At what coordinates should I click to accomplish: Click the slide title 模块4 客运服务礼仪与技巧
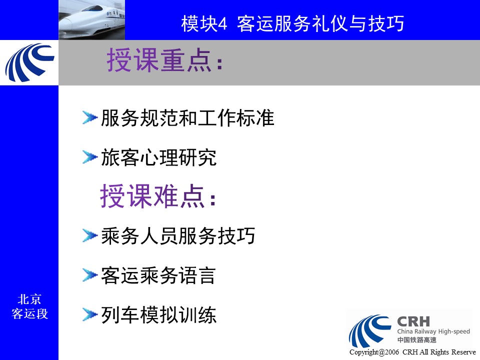pos(292,23)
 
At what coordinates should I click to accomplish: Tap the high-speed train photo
pos(92,20)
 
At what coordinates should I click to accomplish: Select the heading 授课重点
pos(164,60)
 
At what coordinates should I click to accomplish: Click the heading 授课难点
pos(158,196)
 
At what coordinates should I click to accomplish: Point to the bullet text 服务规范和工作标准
pos(187,118)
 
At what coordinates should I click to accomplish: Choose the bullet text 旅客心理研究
pos(158,157)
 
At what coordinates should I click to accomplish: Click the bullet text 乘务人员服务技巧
pos(178,235)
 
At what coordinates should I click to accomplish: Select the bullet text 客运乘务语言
pos(158,275)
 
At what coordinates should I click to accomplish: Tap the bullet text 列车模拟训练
pos(158,314)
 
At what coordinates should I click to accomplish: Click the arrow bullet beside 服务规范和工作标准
pos(89,118)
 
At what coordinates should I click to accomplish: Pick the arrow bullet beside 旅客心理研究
pos(89,157)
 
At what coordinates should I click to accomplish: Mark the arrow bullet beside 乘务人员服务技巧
pos(89,235)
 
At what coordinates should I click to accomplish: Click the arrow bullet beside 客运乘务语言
pos(89,275)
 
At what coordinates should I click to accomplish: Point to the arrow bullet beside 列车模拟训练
pos(89,314)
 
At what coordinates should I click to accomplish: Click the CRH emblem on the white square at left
pos(29,62)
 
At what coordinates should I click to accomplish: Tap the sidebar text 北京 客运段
pos(29,306)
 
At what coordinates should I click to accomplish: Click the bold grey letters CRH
pos(413,321)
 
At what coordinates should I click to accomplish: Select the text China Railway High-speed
pos(433,331)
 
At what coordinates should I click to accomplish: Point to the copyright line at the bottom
pos(412,352)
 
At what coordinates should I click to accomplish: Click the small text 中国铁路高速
pos(416,340)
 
